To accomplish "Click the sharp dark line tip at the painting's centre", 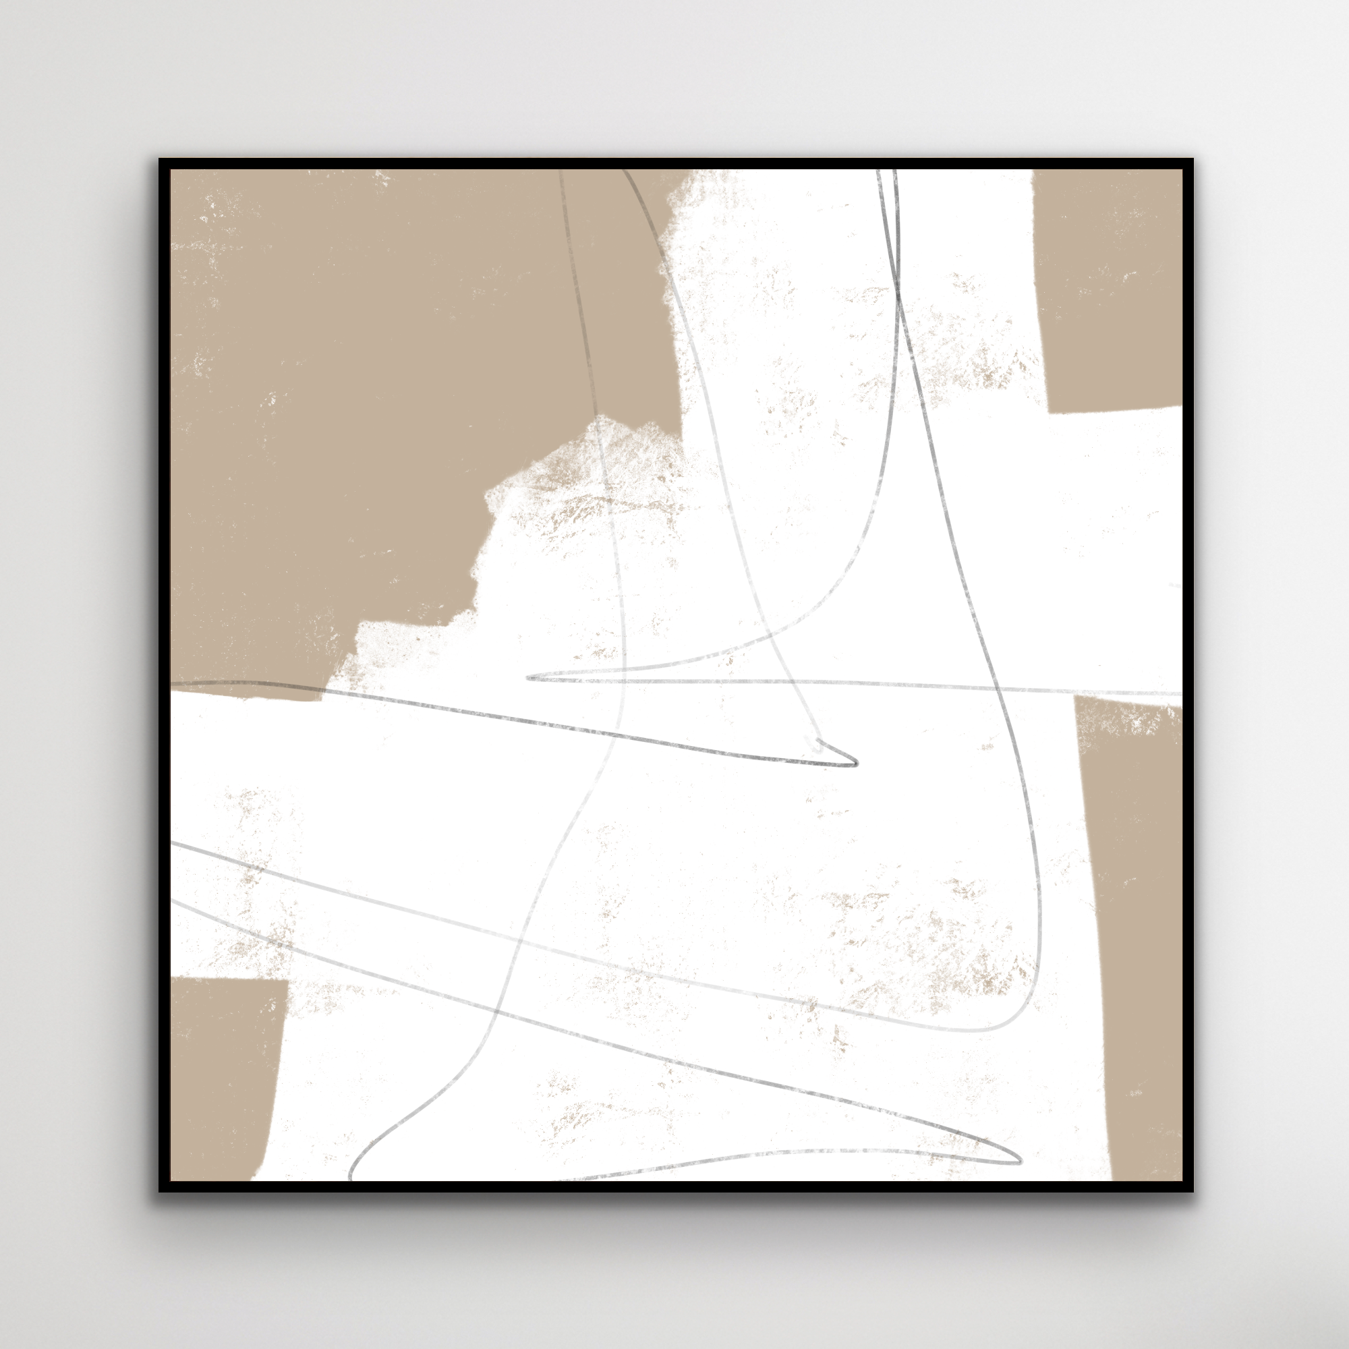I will (855, 764).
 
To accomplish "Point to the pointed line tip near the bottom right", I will (1018, 1163).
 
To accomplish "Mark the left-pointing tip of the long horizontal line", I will (529, 677).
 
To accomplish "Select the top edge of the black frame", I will (676, 163).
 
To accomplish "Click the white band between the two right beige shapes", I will (1117, 552).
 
